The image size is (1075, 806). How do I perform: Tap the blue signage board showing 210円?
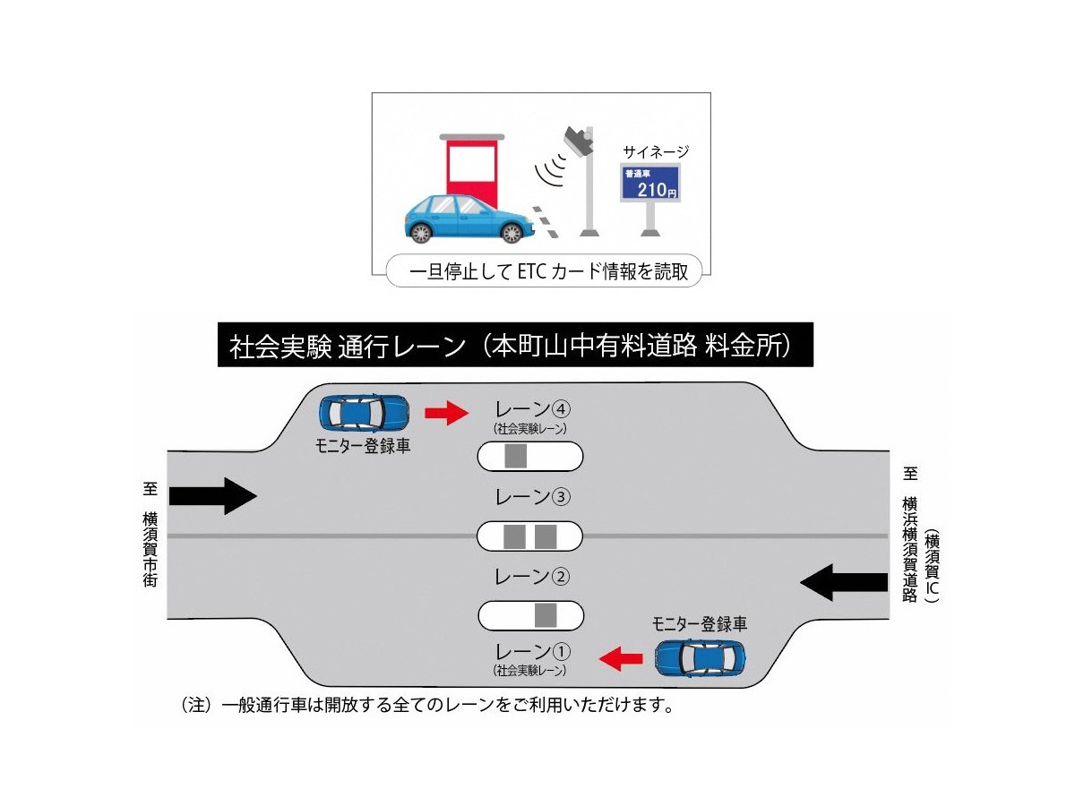tap(650, 183)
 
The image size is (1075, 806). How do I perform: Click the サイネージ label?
tap(656, 151)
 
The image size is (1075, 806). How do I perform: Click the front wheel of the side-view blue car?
tap(511, 233)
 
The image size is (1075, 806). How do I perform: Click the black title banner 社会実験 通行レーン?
tap(515, 346)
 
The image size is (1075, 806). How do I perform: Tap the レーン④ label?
tap(532, 409)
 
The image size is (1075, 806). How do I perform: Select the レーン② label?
tap(532, 576)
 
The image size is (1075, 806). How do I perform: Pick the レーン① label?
tap(532, 651)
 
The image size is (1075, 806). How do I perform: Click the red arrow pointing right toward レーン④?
tap(446, 413)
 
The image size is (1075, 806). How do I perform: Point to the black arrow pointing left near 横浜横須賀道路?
tap(844, 582)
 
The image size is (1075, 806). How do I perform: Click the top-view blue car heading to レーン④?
tap(365, 412)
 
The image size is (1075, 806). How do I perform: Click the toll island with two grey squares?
tap(529, 536)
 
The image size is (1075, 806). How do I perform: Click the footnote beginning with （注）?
tap(426, 705)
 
